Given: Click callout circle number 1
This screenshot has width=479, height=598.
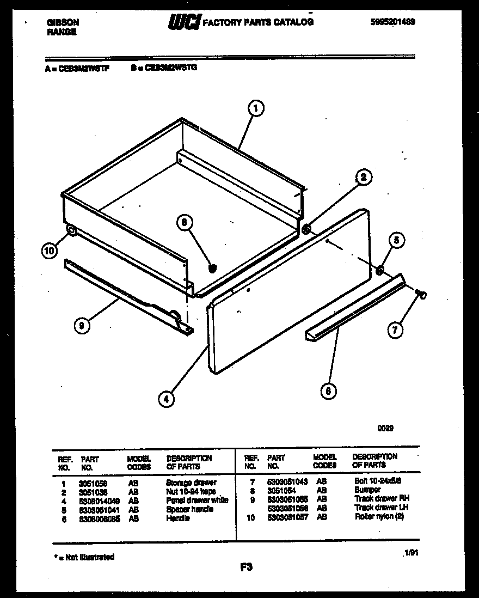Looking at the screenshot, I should click(x=255, y=109).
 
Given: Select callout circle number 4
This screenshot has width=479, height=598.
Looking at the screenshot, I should click(x=167, y=399).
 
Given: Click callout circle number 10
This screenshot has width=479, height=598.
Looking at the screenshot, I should click(x=50, y=251).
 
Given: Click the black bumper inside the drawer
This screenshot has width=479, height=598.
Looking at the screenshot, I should click(x=213, y=267).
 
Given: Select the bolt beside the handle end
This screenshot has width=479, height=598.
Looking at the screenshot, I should click(x=421, y=294).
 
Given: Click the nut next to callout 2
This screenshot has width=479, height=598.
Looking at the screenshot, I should click(x=307, y=229).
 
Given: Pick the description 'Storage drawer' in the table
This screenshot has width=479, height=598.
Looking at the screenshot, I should click(x=191, y=483).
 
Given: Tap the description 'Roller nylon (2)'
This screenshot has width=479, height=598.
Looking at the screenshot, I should click(x=379, y=516).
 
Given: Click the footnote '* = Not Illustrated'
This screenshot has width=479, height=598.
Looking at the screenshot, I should click(x=84, y=557).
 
